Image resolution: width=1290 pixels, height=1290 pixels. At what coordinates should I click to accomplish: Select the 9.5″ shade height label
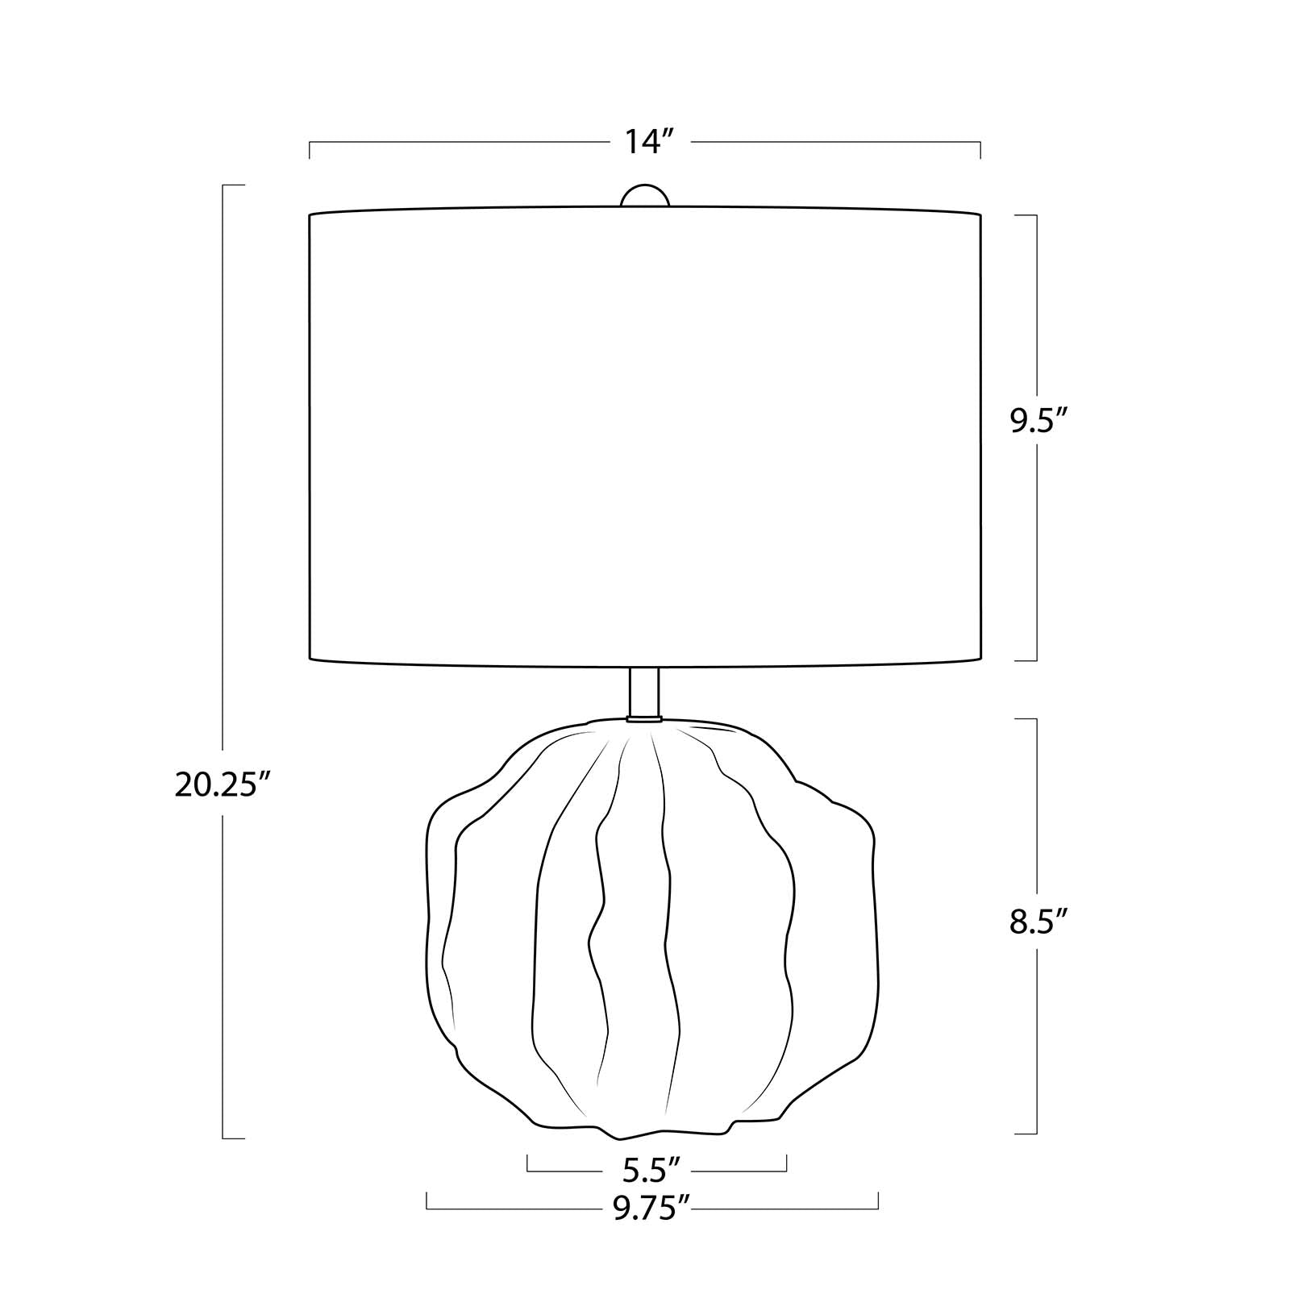1040,422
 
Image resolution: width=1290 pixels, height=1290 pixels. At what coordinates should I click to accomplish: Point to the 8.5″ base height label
1039,921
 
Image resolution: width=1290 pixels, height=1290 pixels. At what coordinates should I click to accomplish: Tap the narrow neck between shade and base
644,691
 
